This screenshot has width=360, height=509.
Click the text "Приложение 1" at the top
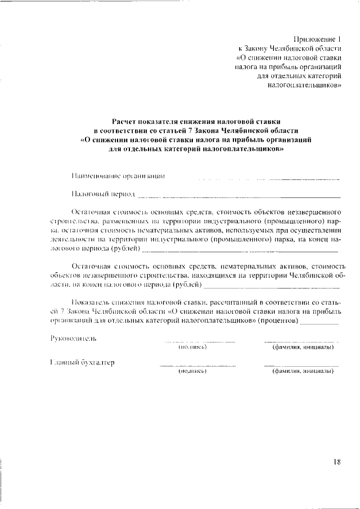pos(317,39)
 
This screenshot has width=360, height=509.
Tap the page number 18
pos(336,462)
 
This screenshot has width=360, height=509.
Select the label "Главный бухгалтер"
pos(82,363)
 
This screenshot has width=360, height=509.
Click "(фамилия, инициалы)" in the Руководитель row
pos(303,347)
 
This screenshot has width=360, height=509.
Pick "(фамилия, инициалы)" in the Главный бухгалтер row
pos(303,372)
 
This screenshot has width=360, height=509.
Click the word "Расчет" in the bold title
pos(124,121)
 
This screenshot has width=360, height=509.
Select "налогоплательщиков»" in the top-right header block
pos(304,87)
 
